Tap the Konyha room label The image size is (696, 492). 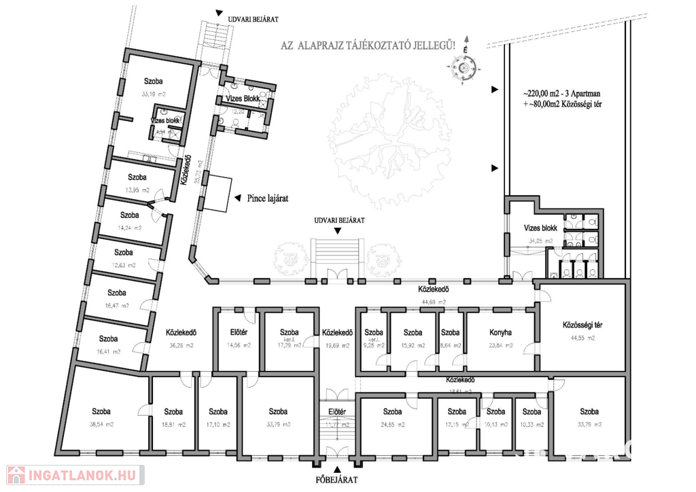click(500, 333)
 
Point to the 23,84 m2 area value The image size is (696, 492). click(500, 345)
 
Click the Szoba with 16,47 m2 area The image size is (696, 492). click(118, 293)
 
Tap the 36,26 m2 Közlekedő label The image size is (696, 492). click(181, 333)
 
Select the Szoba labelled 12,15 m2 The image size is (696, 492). click(457, 411)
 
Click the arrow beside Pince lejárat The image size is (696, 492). click(237, 198)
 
